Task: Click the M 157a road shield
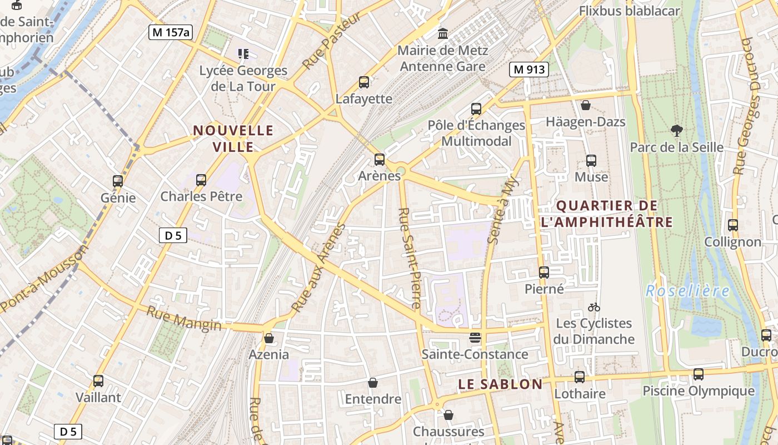coord(171,32)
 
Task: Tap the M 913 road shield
coord(529,70)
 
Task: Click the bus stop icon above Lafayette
coord(364,82)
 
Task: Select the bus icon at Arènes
coord(380,160)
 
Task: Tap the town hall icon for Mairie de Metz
coord(443,34)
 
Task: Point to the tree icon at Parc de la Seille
coord(676,131)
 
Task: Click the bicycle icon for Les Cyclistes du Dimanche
coord(594,307)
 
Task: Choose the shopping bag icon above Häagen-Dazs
coord(586,105)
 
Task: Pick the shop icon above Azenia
coord(269,338)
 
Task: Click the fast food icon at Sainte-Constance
coord(475,338)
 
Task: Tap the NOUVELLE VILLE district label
coord(233,139)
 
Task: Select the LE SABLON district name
coord(500,384)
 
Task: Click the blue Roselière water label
coord(688,290)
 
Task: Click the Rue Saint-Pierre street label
coord(410,258)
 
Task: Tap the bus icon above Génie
coord(118,181)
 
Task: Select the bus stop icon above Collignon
coord(733,225)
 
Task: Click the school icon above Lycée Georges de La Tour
coord(243,54)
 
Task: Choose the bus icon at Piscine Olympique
coord(699,374)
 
